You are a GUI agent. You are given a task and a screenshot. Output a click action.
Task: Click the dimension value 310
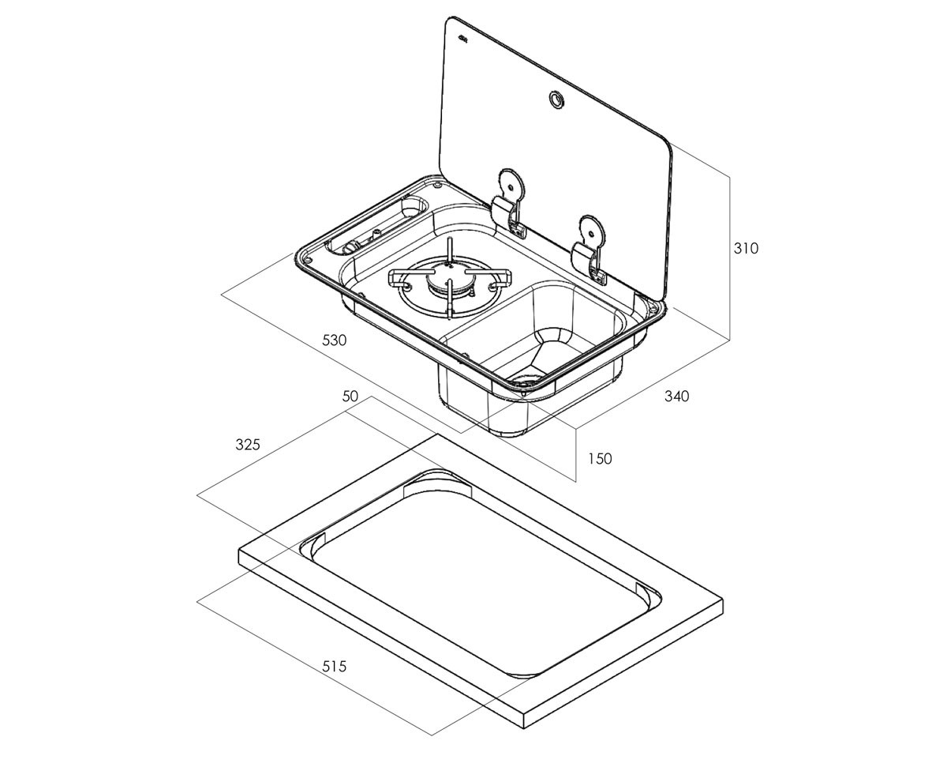746,248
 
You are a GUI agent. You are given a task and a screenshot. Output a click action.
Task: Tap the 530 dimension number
334,340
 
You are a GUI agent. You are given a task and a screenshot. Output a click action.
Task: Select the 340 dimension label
676,396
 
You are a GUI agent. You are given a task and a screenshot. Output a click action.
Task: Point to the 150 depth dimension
600,458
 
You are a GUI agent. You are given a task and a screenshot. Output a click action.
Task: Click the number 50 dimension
350,396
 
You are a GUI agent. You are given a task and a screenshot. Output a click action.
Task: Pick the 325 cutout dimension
248,444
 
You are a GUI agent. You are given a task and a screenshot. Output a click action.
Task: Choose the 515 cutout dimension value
334,666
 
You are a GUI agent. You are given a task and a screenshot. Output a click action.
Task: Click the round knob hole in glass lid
556,99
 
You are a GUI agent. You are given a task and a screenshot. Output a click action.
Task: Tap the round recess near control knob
414,207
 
